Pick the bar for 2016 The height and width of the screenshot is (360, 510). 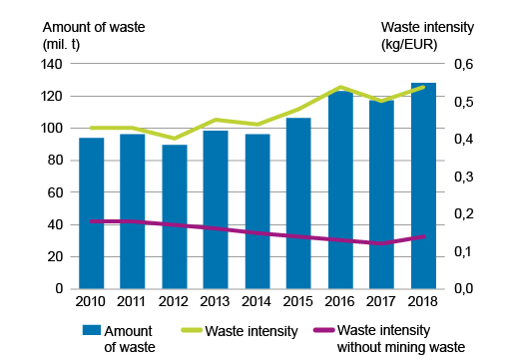click(x=340, y=189)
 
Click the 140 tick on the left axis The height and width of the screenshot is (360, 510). click(x=51, y=64)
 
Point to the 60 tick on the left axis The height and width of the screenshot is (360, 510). click(x=55, y=192)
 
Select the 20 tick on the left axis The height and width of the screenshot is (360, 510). click(x=55, y=256)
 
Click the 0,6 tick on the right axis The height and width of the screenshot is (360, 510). click(x=469, y=64)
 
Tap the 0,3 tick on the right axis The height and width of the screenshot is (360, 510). click(x=469, y=177)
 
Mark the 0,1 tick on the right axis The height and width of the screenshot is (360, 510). click(x=469, y=251)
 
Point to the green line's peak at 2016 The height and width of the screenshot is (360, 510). click(x=340, y=87)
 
